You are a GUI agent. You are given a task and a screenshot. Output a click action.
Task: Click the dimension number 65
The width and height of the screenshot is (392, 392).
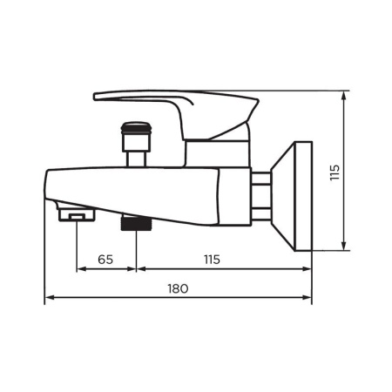pos(105,260)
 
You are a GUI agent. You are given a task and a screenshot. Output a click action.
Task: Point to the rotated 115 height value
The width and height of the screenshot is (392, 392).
pos(335,172)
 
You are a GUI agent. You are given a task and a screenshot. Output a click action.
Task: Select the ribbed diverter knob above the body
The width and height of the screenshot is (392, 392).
pos(137,134)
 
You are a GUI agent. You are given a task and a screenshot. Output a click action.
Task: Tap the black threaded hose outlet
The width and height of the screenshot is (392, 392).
pos(137,224)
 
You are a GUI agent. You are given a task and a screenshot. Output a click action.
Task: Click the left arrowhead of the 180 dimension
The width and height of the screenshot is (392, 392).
pos(48,297)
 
